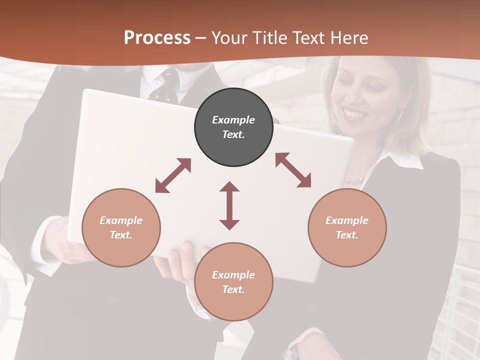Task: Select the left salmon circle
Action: (121, 227)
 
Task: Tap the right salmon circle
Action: (347, 227)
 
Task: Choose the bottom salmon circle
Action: (233, 282)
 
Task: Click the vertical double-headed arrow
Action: (229, 205)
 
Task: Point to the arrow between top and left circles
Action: (173, 175)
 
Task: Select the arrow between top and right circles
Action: (293, 170)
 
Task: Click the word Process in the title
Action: (157, 37)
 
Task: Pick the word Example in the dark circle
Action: (233, 120)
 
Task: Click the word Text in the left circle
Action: (121, 235)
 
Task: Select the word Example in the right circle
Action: (347, 220)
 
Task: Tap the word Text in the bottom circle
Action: (233, 289)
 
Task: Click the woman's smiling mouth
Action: (355, 114)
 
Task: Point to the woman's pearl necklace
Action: (354, 179)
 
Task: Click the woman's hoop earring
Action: (400, 115)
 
